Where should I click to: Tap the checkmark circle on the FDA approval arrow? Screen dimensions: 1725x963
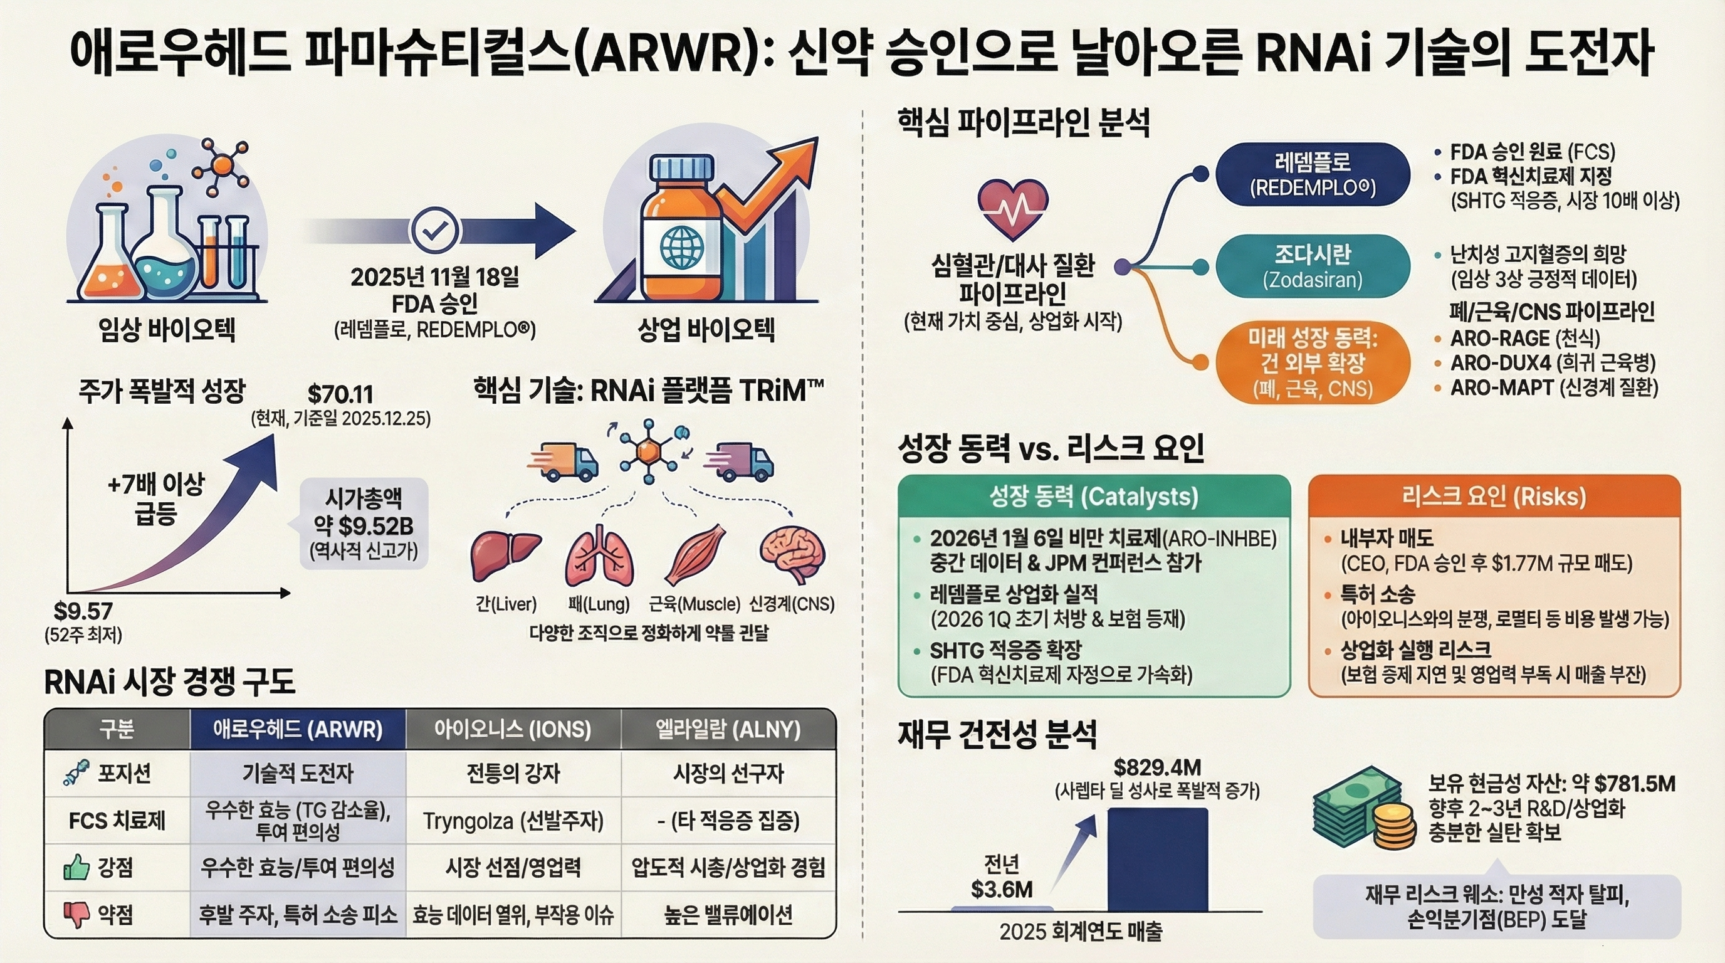[435, 230]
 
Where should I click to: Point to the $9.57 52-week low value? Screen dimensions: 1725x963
[83, 611]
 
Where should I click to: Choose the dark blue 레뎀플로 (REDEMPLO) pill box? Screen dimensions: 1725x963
[1313, 175]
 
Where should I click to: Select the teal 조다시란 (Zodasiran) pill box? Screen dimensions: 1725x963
[1313, 266]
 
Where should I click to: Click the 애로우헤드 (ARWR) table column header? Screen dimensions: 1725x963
[298, 729]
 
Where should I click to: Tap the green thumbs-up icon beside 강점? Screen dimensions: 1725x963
[76, 868]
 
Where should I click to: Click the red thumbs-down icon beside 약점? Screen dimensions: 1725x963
[76, 914]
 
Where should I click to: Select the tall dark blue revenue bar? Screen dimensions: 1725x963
[1157, 860]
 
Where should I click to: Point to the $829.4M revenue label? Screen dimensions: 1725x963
[1157, 767]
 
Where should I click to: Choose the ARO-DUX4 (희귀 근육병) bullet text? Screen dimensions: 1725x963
[1552, 363]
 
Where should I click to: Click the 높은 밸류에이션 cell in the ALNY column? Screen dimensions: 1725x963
[728, 915]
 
